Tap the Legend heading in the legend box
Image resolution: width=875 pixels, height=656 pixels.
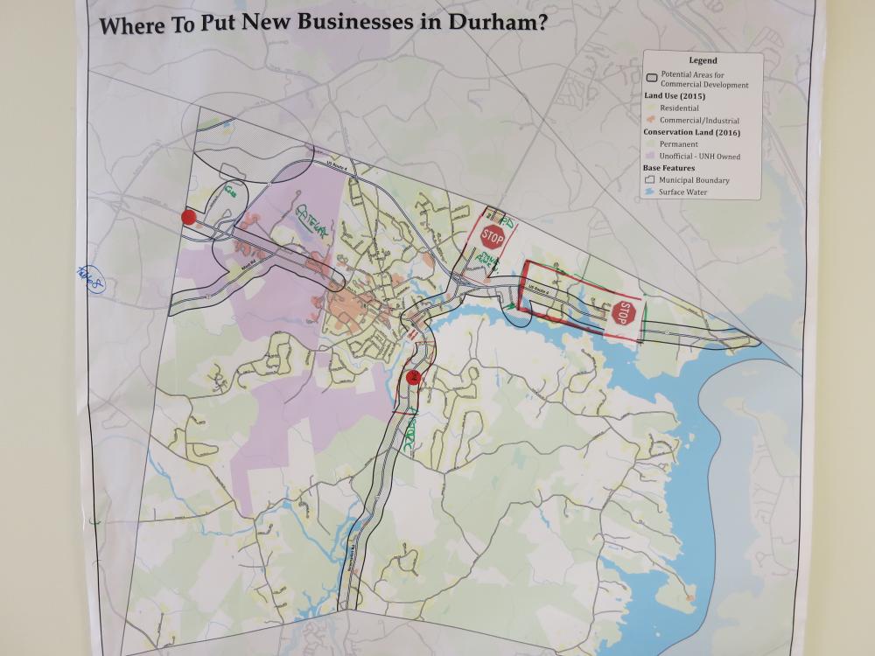click(703, 61)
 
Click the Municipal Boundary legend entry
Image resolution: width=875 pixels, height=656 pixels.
click(694, 180)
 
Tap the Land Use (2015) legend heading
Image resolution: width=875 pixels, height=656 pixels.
click(678, 95)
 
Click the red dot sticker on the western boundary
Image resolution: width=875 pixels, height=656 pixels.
click(187, 217)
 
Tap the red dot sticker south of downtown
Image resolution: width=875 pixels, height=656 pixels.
click(413, 378)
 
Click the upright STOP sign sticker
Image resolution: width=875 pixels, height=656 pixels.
click(493, 234)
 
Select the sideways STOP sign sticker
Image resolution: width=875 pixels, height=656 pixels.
click(622, 313)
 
